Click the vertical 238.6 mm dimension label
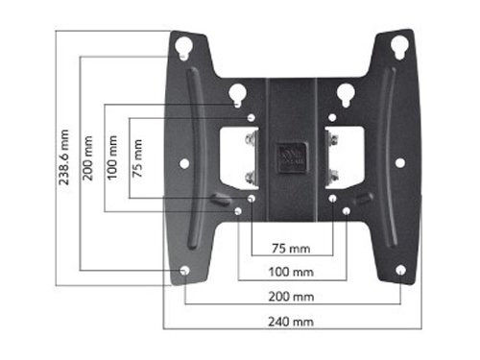(64, 157)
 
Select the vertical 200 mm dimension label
(87, 158)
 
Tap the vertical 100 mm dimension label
(112, 157)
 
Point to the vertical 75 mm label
(137, 158)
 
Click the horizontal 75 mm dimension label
(291, 249)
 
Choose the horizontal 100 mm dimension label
(291, 272)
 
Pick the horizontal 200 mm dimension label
(291, 297)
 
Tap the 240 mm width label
(291, 322)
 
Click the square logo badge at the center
(292, 157)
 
